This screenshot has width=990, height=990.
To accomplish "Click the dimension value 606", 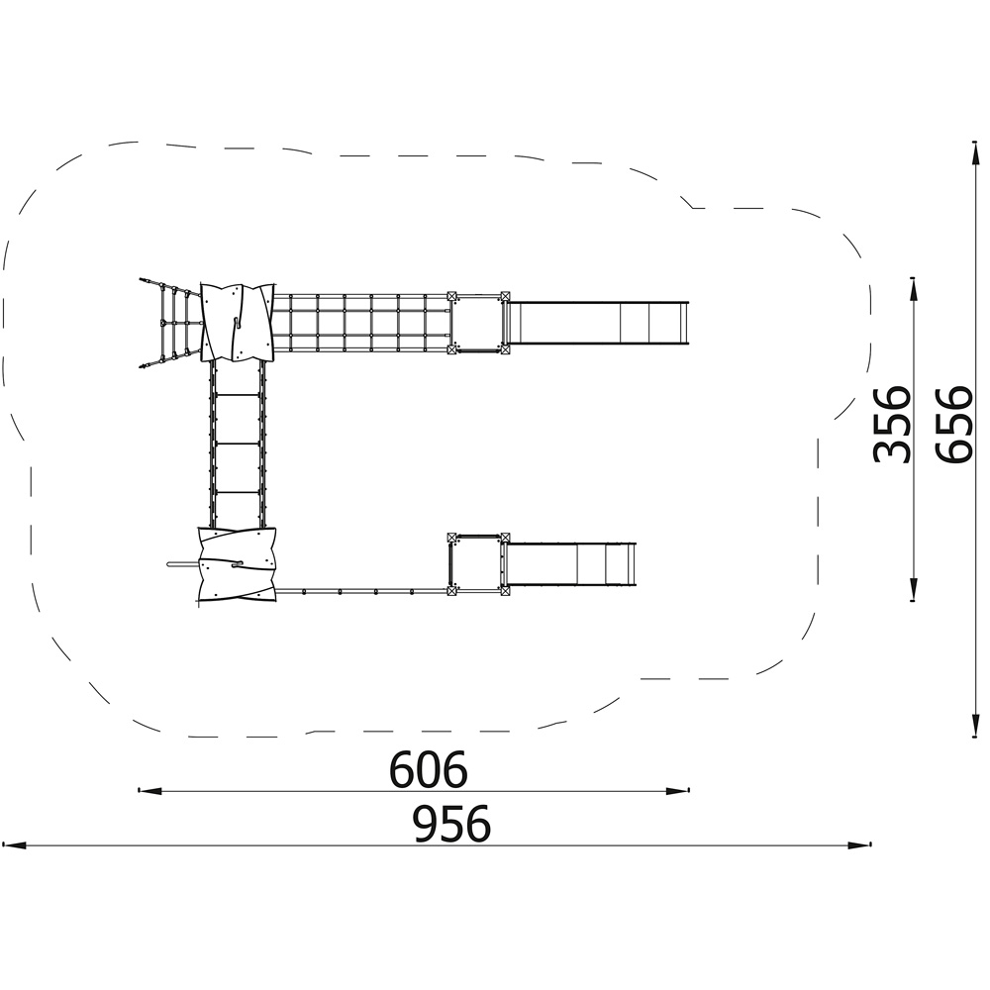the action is tap(428, 768).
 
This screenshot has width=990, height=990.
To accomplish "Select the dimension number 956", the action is tap(451, 824).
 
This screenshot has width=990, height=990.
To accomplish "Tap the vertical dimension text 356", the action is tap(892, 424).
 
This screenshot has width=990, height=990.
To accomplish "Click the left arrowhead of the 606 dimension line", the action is tap(148, 790).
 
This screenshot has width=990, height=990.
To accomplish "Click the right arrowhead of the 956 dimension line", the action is tap(860, 844).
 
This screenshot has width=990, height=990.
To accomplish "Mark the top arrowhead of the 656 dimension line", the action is tap(975, 152).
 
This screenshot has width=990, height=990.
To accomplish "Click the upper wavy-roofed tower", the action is tap(238, 323).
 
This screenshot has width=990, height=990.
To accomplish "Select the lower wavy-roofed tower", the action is tap(237, 563).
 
